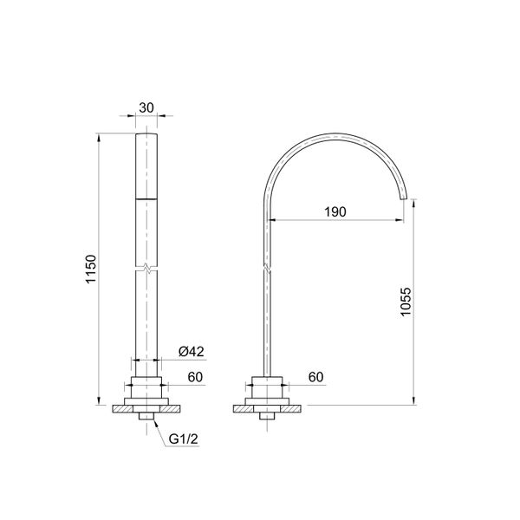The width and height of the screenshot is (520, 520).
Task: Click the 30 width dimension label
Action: (146, 107)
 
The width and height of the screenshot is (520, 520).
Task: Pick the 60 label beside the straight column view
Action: (196, 377)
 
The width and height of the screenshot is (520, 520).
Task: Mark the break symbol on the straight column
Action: (147, 269)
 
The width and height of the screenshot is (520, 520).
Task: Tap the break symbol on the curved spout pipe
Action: (267, 268)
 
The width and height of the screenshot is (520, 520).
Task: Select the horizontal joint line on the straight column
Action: (147, 199)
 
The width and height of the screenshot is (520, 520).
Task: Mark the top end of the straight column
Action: (147, 136)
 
